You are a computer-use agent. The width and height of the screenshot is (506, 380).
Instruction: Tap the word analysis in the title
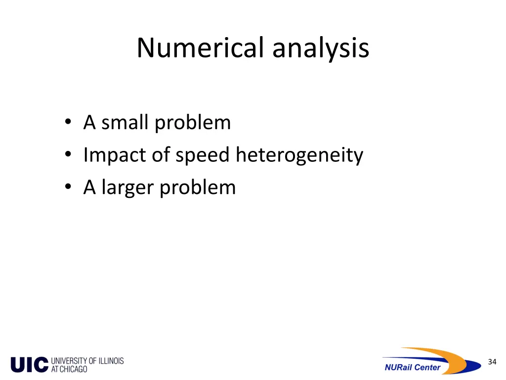coord(320,48)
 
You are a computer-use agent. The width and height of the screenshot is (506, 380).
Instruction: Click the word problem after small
coord(193,123)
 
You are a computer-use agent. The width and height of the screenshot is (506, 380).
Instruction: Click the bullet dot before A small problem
coord(67,123)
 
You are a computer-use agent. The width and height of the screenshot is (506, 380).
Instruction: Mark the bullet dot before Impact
coord(67,156)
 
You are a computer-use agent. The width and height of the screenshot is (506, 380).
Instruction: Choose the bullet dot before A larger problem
coord(67,188)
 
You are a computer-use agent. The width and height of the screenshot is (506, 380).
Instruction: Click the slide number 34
coord(492,362)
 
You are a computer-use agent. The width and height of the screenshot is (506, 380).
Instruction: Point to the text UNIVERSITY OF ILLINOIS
coord(87,361)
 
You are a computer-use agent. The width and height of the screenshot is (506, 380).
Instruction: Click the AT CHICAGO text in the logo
coord(69,369)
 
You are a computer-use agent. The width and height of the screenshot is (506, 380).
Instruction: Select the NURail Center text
coord(413,367)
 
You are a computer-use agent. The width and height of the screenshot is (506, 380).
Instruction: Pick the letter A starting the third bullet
coord(89,188)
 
